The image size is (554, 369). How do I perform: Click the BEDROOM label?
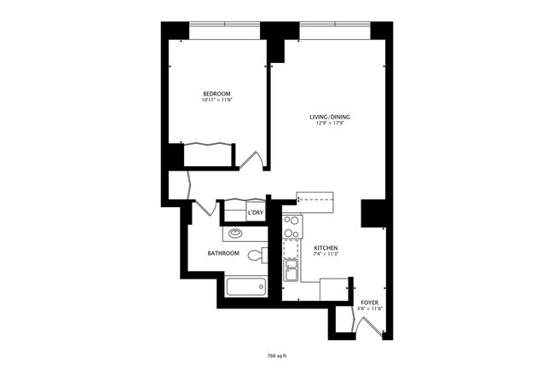click(x=216, y=93)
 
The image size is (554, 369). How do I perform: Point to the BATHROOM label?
click(x=223, y=254)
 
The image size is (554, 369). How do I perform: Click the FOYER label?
click(x=369, y=303)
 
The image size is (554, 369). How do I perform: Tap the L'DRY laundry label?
click(x=255, y=213)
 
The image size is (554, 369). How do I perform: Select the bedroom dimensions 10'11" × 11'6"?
click(x=216, y=101)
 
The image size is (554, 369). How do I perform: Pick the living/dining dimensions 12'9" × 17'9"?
click(x=327, y=124)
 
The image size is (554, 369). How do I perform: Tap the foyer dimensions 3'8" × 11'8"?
click(x=369, y=309)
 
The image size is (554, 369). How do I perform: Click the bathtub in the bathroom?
click(x=245, y=286)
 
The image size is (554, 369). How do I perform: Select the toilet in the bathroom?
click(x=257, y=256)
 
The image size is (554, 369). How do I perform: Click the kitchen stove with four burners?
click(x=291, y=226)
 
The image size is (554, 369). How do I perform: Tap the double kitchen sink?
click(x=291, y=270)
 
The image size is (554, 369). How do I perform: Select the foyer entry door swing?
click(x=372, y=325)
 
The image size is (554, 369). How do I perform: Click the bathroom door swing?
click(x=202, y=205)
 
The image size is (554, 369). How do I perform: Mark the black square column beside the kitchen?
click(x=372, y=213)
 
